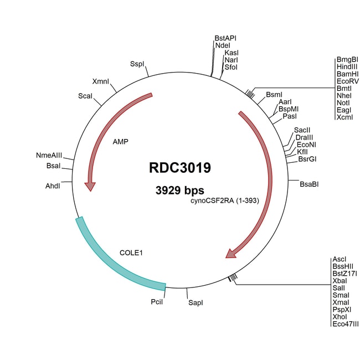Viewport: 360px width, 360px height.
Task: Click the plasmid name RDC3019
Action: [179, 167]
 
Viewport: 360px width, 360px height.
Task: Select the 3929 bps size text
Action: [179, 190]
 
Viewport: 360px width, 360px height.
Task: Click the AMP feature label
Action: [120, 142]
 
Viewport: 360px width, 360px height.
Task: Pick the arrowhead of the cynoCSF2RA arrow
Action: [230, 254]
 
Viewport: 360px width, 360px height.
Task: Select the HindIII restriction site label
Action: [347, 66]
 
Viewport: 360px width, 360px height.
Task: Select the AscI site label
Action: [340, 259]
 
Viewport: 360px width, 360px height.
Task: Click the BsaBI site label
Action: [309, 183]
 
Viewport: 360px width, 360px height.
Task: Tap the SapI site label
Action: [196, 303]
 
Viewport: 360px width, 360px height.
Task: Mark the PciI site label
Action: [157, 303]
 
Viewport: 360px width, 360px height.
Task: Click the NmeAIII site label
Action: [48, 156]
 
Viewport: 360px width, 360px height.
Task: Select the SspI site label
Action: [137, 64]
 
